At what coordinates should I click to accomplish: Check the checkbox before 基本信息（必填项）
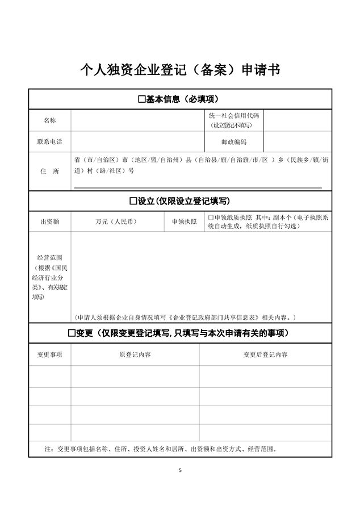coord(142,99)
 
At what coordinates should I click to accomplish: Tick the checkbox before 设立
coord(134,201)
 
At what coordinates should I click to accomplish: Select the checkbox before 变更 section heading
coord(72,332)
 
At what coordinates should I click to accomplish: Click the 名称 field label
coord(50,120)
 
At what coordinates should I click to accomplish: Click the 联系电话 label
coord(50,141)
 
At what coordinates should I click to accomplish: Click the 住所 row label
coord(50,171)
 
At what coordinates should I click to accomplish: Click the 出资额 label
coord(50,221)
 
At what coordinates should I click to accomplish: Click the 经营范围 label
coord(50,257)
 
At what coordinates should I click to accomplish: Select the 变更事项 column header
coord(50,354)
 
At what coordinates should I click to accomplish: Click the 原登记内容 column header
coord(135,354)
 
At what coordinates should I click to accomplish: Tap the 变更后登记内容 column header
coord(265,354)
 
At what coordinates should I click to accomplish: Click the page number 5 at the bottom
coord(180,470)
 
